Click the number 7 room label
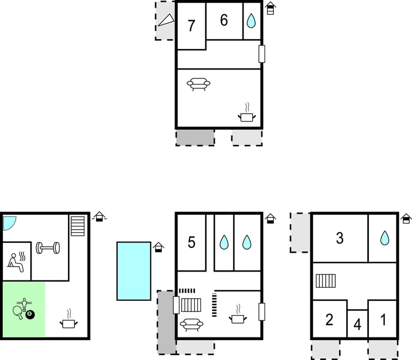(x=192, y=26)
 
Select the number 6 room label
(x=224, y=20)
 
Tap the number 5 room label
(x=191, y=242)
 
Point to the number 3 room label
(x=340, y=238)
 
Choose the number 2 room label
(x=329, y=320)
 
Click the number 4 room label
(x=357, y=325)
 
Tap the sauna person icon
(x=15, y=260)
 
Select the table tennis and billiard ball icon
(x=23, y=310)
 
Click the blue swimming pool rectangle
(x=134, y=271)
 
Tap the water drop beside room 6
(x=251, y=21)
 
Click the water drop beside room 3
(x=384, y=239)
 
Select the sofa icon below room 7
(x=199, y=84)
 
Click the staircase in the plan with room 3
(x=326, y=281)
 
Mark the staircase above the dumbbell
(x=77, y=226)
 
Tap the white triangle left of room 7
(x=166, y=20)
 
